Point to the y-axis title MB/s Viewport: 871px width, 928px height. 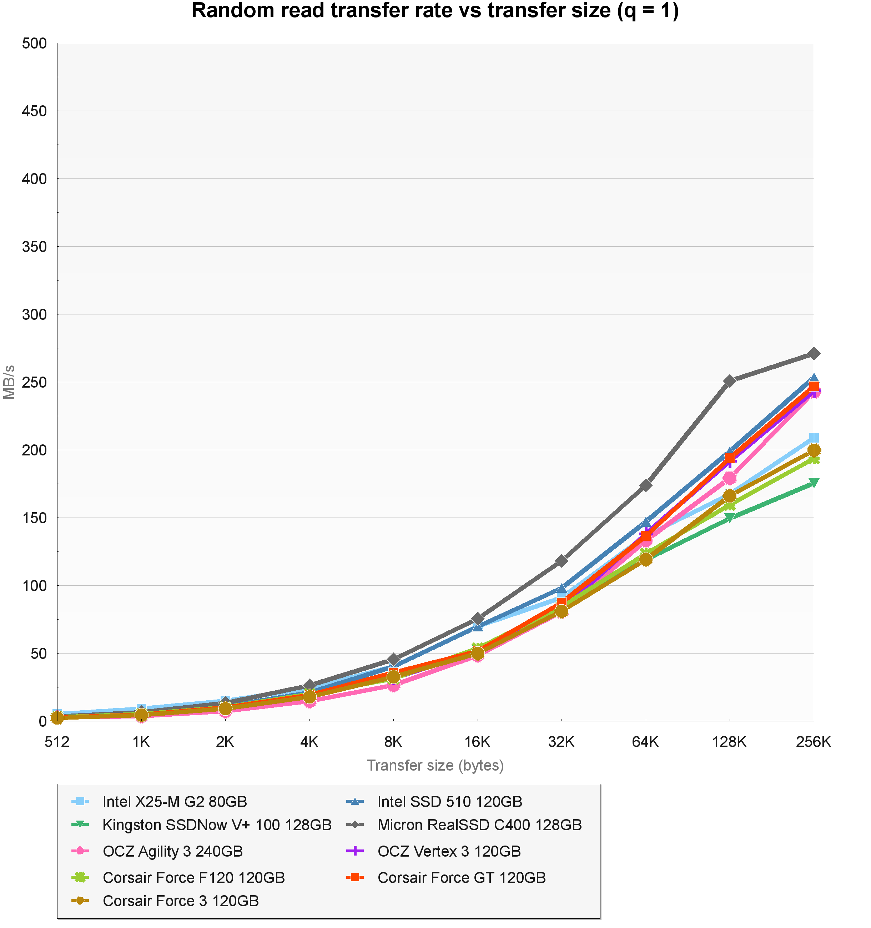[x=10, y=382]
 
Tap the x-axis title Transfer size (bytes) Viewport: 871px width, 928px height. [x=435, y=766]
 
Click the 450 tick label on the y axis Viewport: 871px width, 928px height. [x=35, y=111]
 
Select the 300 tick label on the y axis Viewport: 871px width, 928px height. [x=35, y=314]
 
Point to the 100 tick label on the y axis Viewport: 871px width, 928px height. [x=35, y=586]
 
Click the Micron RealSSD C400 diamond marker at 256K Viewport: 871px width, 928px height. [x=814, y=354]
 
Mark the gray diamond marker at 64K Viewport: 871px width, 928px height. [x=645, y=485]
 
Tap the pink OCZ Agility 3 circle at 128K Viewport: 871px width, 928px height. [x=730, y=478]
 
